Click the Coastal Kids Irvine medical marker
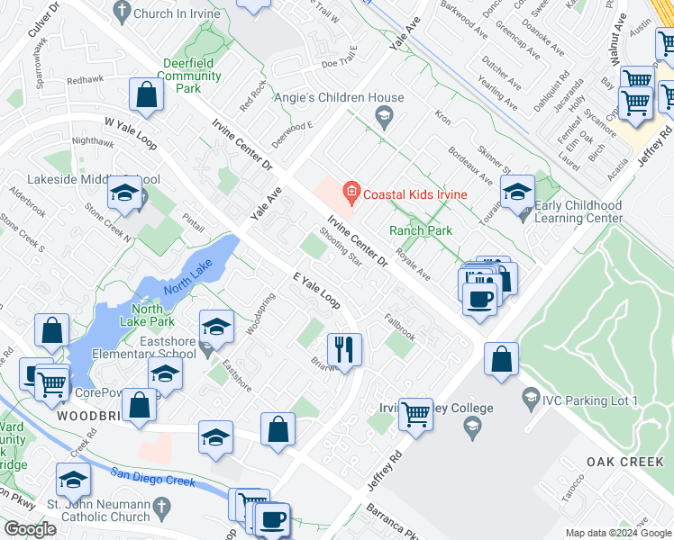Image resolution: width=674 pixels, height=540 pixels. point(351,192)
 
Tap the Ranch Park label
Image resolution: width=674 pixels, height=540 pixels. point(420,230)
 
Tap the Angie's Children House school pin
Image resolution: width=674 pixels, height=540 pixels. point(383,114)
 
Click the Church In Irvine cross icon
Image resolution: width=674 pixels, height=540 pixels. point(121,13)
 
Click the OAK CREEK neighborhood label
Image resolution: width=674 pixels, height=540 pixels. point(624,462)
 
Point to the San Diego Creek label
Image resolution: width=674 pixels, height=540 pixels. point(152,478)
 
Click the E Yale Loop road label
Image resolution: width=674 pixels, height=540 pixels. point(316,290)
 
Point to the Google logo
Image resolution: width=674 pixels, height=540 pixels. point(30,529)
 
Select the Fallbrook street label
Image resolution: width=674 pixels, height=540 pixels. point(399,326)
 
